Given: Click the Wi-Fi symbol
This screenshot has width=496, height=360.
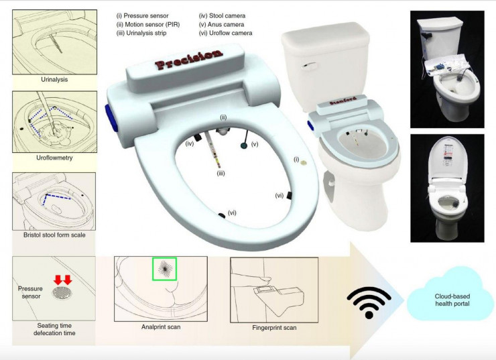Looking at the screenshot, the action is (369, 302).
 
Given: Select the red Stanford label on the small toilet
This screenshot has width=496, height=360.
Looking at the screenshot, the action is (343, 101).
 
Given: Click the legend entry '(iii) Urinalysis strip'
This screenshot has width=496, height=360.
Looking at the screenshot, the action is (141, 33).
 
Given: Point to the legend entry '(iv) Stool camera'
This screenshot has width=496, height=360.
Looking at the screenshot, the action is (222, 15).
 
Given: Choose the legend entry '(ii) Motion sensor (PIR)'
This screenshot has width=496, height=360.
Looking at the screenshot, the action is (148, 24).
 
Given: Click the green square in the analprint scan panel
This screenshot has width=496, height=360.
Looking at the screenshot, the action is (164, 269).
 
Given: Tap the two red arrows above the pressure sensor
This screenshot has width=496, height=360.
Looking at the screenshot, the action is (62, 280).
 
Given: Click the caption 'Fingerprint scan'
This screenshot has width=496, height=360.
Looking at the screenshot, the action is (274, 328).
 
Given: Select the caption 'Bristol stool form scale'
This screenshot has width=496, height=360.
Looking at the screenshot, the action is (54, 235).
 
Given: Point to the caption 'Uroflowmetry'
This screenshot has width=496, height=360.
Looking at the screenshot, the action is (54, 158).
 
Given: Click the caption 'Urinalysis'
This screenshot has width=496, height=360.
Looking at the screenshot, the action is (54, 79).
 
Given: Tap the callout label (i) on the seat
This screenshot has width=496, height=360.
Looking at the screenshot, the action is (296, 160).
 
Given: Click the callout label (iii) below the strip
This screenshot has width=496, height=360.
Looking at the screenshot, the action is (221, 174).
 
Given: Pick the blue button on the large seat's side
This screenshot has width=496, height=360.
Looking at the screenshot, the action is (111, 118).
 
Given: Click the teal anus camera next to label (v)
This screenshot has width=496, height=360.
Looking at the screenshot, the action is (244, 145).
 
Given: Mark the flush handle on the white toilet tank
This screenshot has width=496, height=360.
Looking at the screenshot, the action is (308, 66).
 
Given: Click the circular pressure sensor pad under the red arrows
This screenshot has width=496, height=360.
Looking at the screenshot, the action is (62, 292).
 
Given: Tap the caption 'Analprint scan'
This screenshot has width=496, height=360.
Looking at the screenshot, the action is (161, 326).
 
